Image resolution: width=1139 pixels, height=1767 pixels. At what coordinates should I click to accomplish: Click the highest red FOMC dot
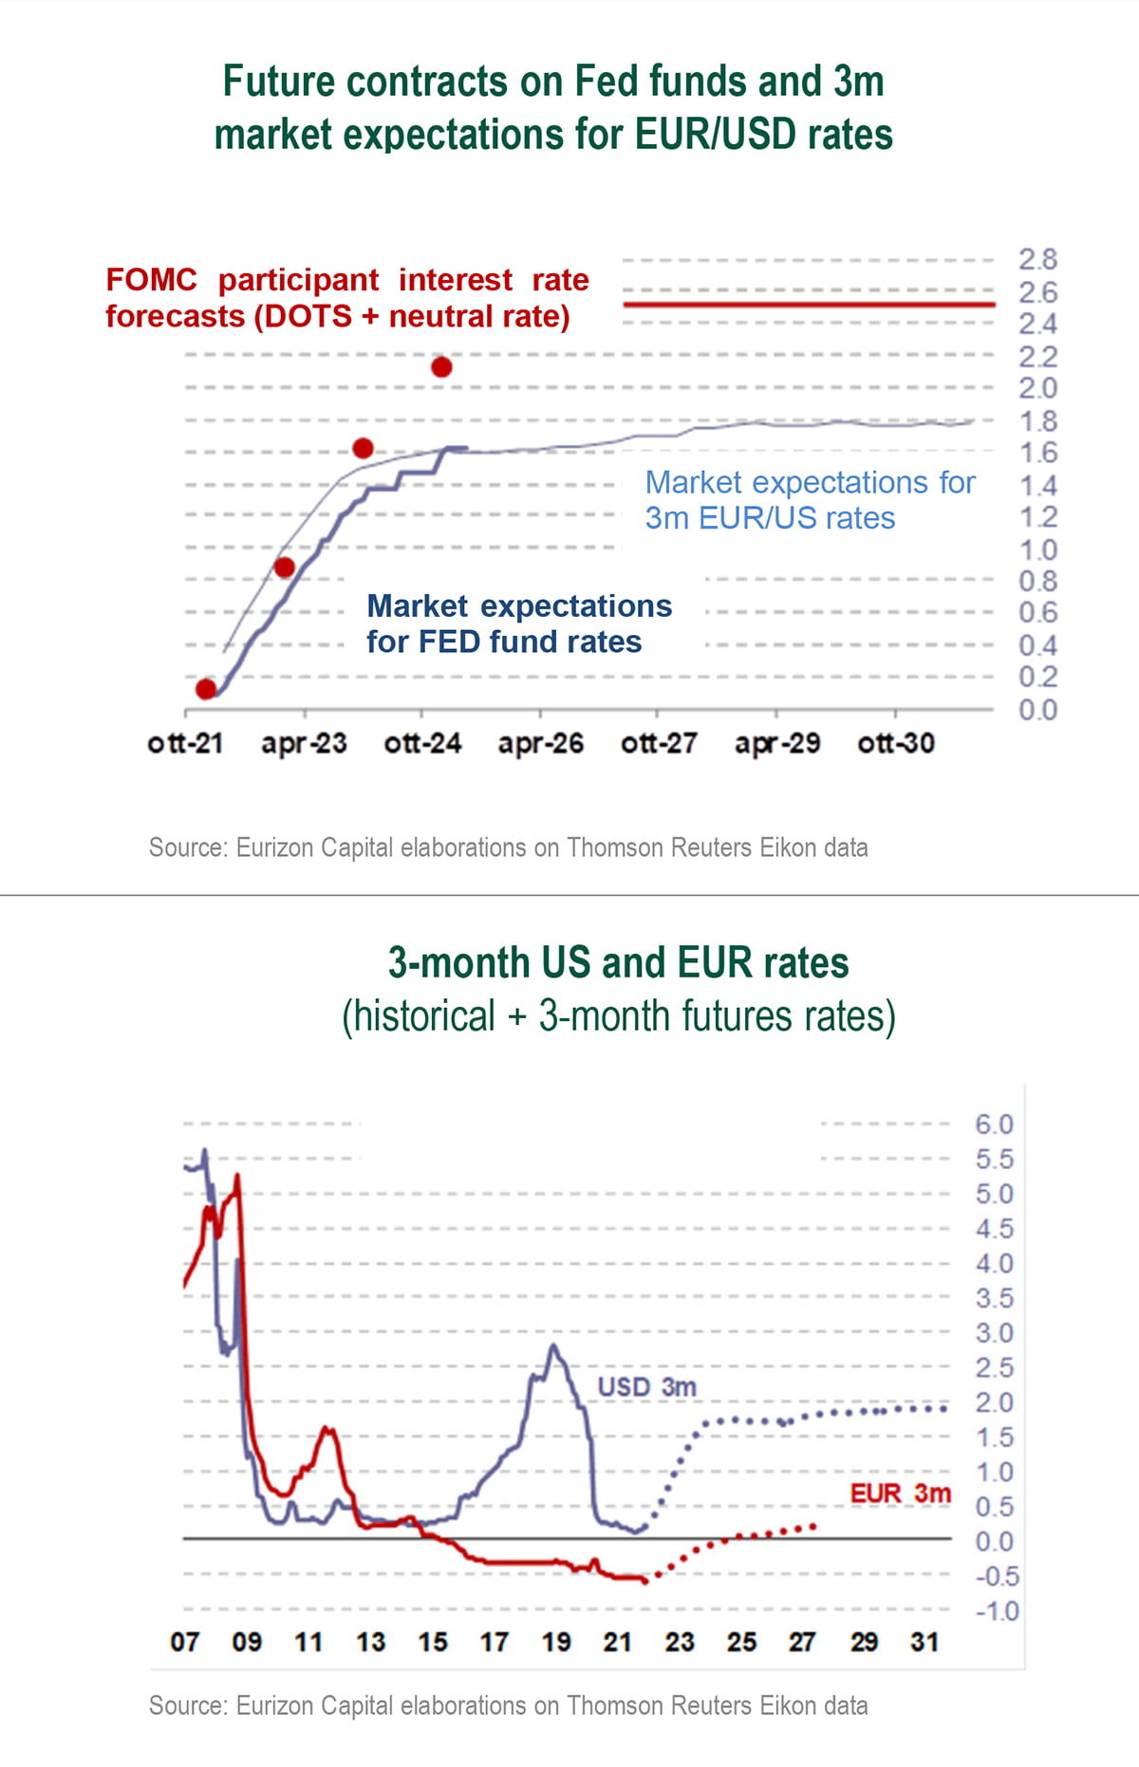pos(441,367)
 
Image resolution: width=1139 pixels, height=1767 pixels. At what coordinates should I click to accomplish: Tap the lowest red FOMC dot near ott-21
pos(206,689)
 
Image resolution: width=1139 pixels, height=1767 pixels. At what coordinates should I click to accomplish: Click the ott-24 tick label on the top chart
pos(422,743)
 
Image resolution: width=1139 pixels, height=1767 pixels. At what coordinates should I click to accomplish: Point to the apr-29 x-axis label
pos(777,743)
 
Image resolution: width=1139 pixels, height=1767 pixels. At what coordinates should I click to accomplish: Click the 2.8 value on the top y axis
pos(1037,259)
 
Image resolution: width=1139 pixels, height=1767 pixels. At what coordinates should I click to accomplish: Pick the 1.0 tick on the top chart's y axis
pos(1037,549)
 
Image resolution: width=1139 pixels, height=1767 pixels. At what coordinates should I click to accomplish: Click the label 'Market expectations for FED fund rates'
pos(518,623)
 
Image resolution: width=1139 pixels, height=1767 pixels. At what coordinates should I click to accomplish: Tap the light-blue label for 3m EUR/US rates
pos(810,500)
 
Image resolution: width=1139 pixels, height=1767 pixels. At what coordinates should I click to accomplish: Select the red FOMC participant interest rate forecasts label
pos(346,298)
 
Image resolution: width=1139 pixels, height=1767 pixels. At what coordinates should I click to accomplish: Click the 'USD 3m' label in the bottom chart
pos(646,1386)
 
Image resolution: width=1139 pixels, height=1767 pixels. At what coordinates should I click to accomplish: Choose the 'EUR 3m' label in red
pos(900,1493)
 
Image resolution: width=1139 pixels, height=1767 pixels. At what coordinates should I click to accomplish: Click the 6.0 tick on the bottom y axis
pos(994,1125)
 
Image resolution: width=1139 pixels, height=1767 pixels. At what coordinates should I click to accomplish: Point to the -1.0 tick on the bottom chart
pos(996,1611)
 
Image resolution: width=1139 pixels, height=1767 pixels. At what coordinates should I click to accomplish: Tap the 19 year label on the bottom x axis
pos(556,1642)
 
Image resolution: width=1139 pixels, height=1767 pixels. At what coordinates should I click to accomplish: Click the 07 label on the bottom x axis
pos(185,1642)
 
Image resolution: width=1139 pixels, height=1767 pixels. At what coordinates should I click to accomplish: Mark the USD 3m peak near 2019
pos(553,1346)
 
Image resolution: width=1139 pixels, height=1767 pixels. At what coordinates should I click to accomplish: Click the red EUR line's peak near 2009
pos(236,1177)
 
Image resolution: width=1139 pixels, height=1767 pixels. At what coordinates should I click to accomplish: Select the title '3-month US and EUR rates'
pos(618,963)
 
